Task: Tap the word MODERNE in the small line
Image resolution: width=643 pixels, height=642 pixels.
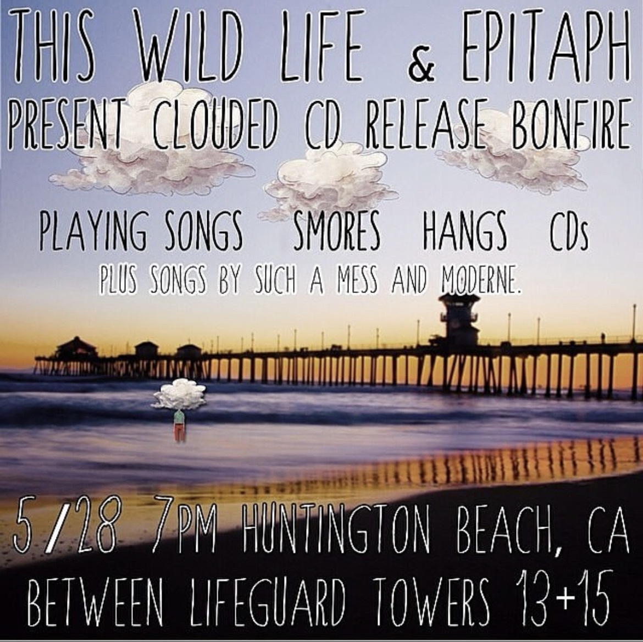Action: click(x=481, y=281)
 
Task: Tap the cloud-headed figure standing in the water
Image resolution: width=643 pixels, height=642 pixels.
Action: click(x=179, y=409)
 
